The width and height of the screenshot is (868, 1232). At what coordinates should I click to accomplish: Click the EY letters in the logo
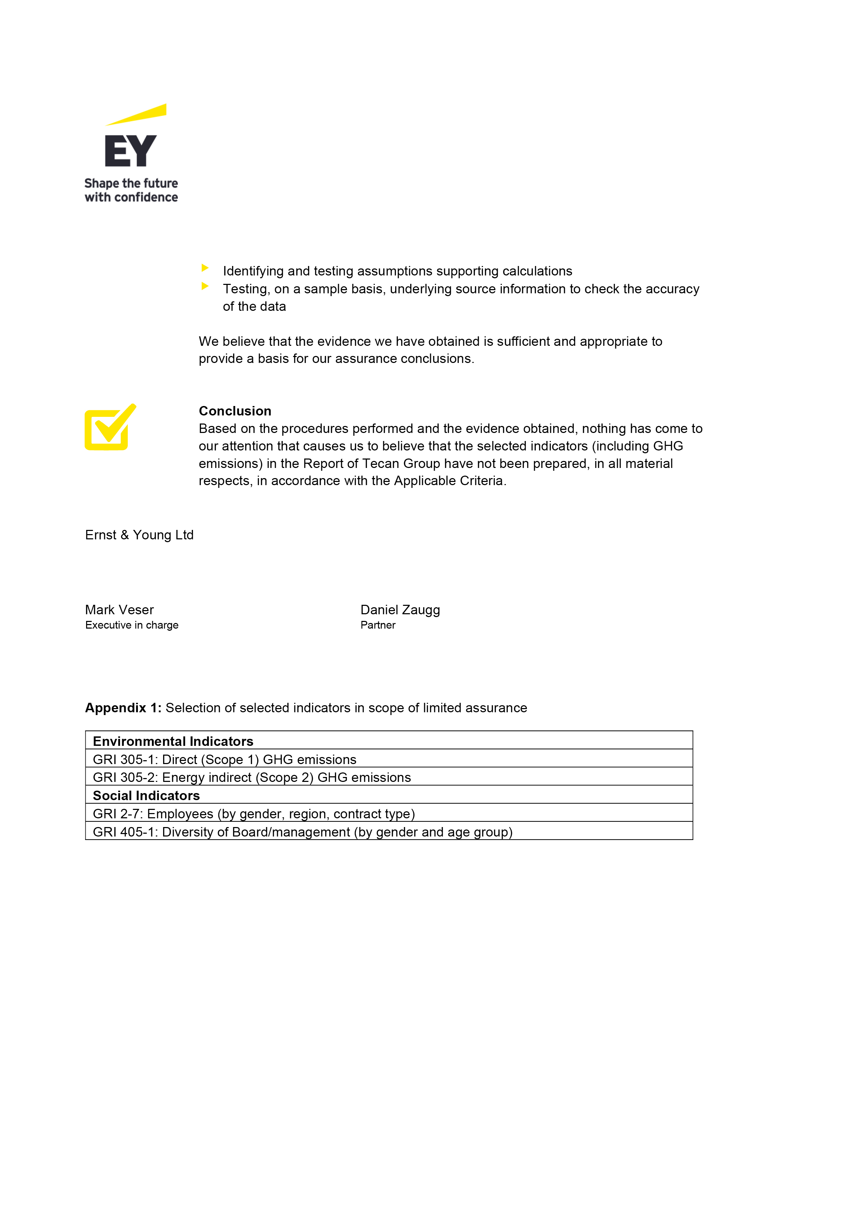pos(130,151)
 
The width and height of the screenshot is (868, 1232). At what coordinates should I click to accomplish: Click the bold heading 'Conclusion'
pos(235,411)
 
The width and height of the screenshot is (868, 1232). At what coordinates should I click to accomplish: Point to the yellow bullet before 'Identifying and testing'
pos(204,268)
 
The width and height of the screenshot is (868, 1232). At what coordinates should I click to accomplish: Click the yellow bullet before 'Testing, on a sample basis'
pos(204,286)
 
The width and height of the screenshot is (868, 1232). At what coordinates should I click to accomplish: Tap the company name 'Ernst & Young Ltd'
pos(139,535)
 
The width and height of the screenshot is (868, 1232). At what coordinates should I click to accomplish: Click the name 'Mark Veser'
pos(119,610)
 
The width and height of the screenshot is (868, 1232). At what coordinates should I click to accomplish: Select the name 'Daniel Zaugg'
pos(400,610)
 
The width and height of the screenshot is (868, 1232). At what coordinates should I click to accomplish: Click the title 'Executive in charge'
pos(132,625)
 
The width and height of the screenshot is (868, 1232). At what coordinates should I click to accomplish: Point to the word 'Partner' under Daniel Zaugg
pos(378,625)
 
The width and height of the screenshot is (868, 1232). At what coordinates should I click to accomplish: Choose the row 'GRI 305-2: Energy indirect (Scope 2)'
pos(252,777)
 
